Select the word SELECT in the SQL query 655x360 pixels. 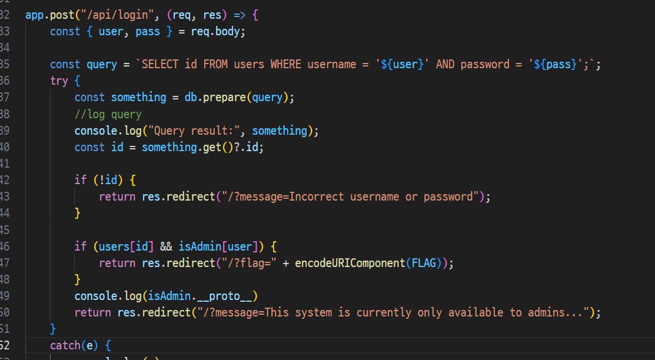[160, 64]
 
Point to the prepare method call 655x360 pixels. [225, 97]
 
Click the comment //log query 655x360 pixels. [108, 114]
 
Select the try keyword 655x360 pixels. [59, 81]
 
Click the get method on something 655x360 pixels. [210, 147]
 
